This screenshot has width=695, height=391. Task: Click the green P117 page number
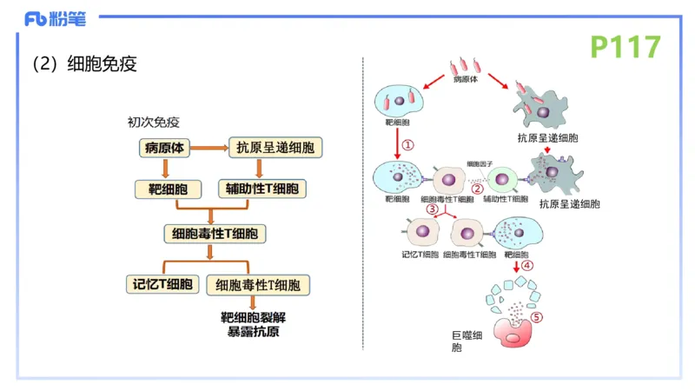(625, 46)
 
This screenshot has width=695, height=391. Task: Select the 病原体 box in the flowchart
(163, 148)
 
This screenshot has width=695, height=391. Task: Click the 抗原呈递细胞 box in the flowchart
(275, 148)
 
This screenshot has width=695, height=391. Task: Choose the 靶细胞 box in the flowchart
(169, 189)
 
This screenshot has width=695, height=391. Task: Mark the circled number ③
(432, 209)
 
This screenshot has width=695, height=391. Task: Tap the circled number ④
(527, 266)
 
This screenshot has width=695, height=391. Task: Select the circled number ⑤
(537, 317)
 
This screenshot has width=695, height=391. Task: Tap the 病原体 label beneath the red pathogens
(467, 78)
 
